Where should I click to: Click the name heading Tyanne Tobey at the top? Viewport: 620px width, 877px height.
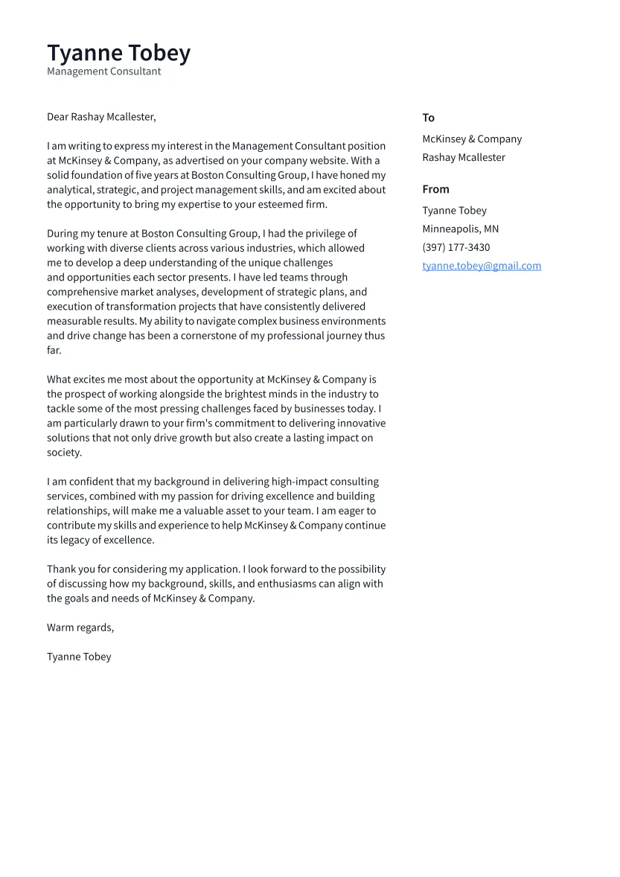point(118,53)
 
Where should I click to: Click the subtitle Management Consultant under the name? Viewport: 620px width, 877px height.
point(103,71)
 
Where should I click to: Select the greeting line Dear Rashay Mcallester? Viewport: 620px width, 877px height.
point(101,117)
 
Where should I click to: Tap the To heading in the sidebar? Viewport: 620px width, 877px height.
point(428,118)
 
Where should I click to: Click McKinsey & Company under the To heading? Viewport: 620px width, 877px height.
point(472,139)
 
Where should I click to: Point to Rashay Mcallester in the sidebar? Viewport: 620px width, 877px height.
point(463,158)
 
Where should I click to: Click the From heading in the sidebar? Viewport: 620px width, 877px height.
point(435,189)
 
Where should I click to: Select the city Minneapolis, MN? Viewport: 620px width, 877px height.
point(460,229)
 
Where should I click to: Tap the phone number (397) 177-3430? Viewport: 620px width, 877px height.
point(456,248)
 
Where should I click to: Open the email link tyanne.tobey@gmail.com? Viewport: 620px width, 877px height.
point(482,266)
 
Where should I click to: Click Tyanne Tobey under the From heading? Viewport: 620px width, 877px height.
point(454,211)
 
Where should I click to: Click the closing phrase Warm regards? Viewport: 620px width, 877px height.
point(80,628)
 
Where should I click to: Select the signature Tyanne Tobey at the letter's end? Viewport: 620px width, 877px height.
point(79,657)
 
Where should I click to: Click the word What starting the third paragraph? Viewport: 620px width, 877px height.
point(60,380)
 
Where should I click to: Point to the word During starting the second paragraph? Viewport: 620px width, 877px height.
point(62,234)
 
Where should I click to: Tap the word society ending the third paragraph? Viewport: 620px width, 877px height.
point(63,453)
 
